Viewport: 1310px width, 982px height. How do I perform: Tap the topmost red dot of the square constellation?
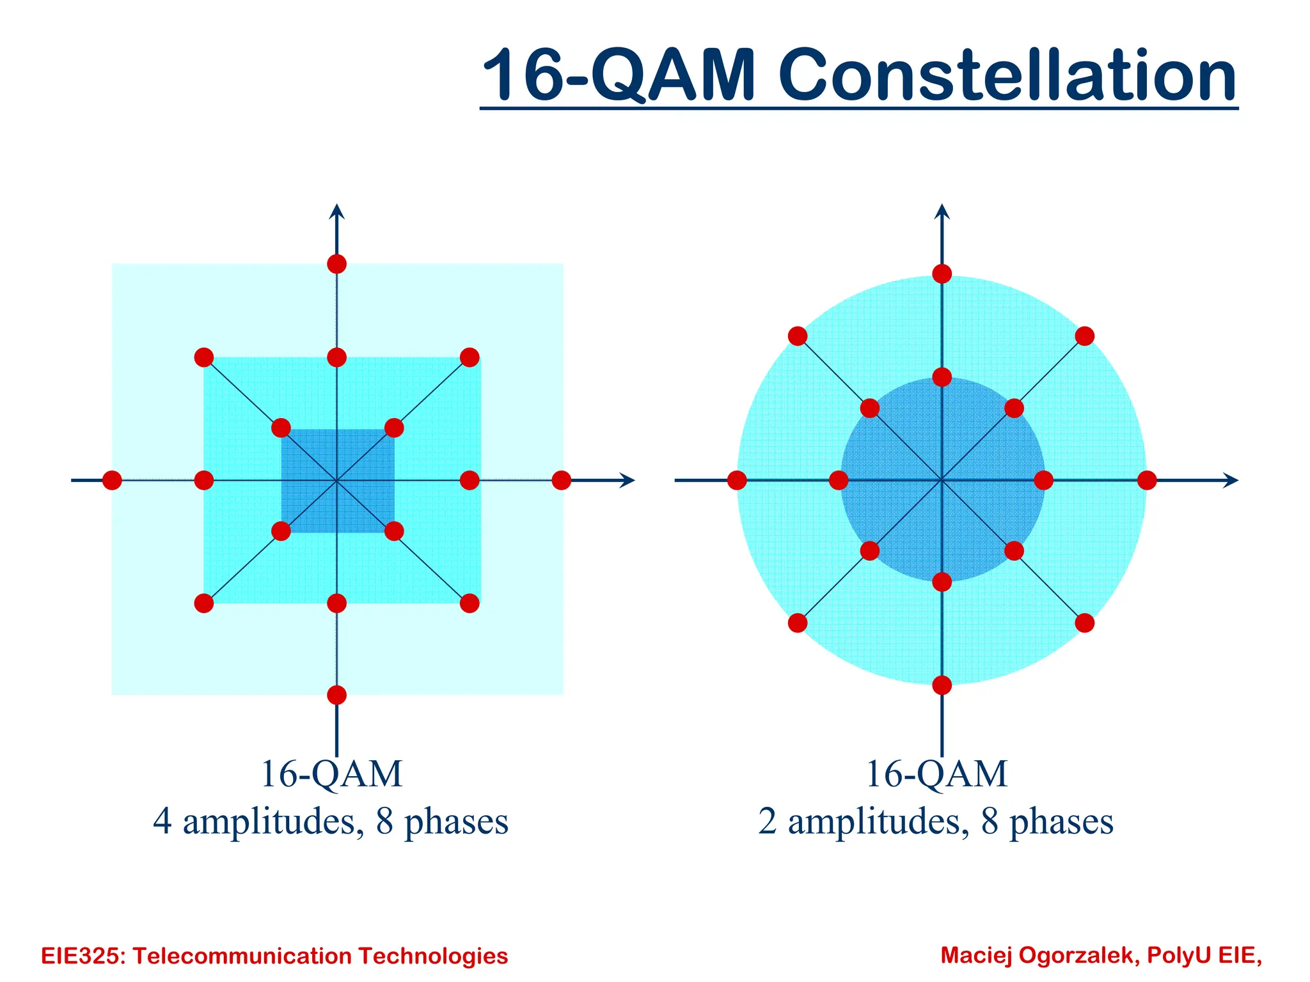coord(336,263)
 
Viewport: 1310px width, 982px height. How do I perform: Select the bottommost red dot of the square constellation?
coord(336,695)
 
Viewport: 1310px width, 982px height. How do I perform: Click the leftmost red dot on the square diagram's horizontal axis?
coord(112,480)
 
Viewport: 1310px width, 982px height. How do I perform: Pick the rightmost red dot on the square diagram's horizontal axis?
coord(561,480)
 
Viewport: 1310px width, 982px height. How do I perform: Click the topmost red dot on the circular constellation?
coord(942,274)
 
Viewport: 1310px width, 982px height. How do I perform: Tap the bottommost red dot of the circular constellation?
coord(942,685)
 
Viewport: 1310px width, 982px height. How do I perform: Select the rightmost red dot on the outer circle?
coord(1147,480)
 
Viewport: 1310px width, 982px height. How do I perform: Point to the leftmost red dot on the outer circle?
coord(737,480)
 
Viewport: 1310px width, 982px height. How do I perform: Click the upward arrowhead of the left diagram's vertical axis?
coord(336,211)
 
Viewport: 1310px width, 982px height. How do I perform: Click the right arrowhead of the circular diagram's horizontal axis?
coord(1231,480)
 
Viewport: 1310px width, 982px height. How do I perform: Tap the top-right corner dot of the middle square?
coord(470,357)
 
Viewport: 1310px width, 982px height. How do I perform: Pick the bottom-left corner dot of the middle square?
coord(203,603)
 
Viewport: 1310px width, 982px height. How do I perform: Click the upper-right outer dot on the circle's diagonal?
coord(1085,336)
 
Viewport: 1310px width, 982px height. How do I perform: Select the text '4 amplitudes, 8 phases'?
coord(330,822)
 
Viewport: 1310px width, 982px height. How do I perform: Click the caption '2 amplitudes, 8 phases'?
coord(935,822)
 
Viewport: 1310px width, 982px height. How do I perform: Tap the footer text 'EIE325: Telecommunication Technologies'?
coord(274,956)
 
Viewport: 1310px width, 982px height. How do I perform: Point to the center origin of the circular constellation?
coord(942,480)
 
